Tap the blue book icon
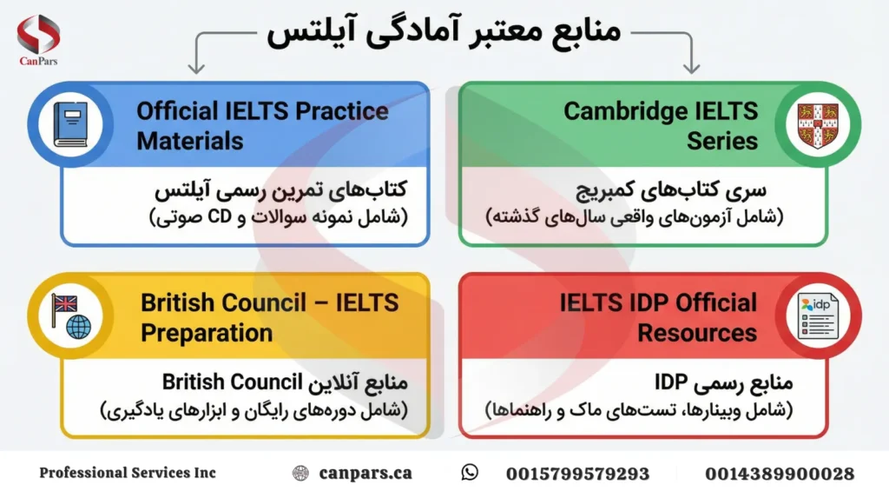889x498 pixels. click(x=70, y=124)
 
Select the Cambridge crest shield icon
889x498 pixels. click(x=817, y=124)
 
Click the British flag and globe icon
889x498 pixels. click(x=70, y=315)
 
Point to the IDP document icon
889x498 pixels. click(x=817, y=315)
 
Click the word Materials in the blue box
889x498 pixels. click(x=190, y=141)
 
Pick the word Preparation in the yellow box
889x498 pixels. click(x=207, y=332)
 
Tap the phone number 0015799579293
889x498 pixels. click(x=577, y=474)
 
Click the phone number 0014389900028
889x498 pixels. click(x=779, y=474)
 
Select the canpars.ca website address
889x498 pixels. click(x=365, y=474)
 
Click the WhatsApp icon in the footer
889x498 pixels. click(x=470, y=473)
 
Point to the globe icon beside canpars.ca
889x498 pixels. click(x=300, y=474)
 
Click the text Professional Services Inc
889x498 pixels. click(x=128, y=474)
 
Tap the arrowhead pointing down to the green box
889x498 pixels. click(x=692, y=67)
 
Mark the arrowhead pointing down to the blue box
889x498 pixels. click(x=196, y=67)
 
